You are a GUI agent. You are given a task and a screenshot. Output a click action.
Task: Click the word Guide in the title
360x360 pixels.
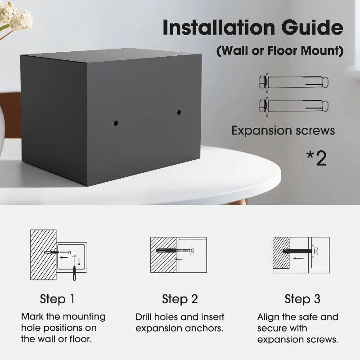pyautogui.click(x=312, y=27)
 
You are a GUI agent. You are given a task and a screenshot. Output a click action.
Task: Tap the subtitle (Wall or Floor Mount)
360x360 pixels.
pyautogui.click(x=280, y=50)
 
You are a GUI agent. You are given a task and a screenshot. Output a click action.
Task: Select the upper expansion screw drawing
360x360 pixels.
pyautogui.click(x=293, y=82)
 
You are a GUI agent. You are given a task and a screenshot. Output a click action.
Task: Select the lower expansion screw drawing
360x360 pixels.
pyautogui.click(x=293, y=106)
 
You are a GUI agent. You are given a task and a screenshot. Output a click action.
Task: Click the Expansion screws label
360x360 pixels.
pyautogui.click(x=283, y=130)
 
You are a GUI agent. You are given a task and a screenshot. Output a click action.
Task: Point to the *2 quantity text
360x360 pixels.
pyautogui.click(x=317, y=158)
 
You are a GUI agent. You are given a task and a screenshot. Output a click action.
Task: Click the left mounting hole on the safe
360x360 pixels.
pyautogui.click(x=116, y=123)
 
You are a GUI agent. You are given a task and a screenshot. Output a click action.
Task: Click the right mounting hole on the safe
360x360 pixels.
pyautogui.click(x=179, y=112)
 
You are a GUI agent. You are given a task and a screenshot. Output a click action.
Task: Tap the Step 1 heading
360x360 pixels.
pyautogui.click(x=57, y=299)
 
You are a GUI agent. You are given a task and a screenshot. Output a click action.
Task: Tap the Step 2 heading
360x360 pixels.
pyautogui.click(x=180, y=299)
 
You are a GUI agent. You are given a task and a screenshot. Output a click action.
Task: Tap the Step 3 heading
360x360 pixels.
pyautogui.click(x=302, y=299)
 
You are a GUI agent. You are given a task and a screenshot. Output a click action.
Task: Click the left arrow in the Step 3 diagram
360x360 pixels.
pyautogui.click(x=298, y=258)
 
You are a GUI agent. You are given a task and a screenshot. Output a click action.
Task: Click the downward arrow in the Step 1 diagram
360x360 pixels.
pyautogui.click(x=79, y=262)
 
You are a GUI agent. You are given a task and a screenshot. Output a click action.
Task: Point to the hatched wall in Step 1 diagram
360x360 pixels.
pyautogui.click(x=43, y=255)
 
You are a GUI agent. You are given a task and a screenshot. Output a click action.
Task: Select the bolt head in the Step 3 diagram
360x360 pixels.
pyautogui.click(x=315, y=251)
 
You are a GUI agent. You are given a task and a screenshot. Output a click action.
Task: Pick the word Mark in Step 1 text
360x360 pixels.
pyautogui.click(x=32, y=317)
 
